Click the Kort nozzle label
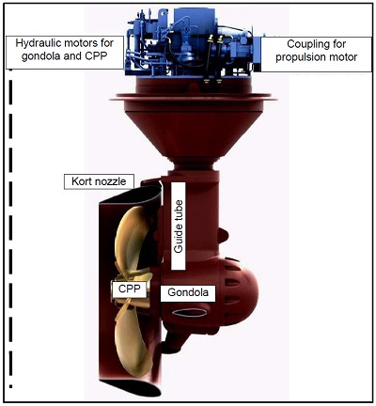click(99, 181)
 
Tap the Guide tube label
click(179, 226)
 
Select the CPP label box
click(130, 289)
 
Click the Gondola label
click(188, 293)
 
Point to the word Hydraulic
click(38, 43)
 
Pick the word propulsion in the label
click(300, 57)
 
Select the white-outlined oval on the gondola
click(190, 313)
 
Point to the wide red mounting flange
click(193, 98)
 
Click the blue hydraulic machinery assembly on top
click(191, 44)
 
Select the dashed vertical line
click(10, 228)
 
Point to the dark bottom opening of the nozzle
click(132, 388)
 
